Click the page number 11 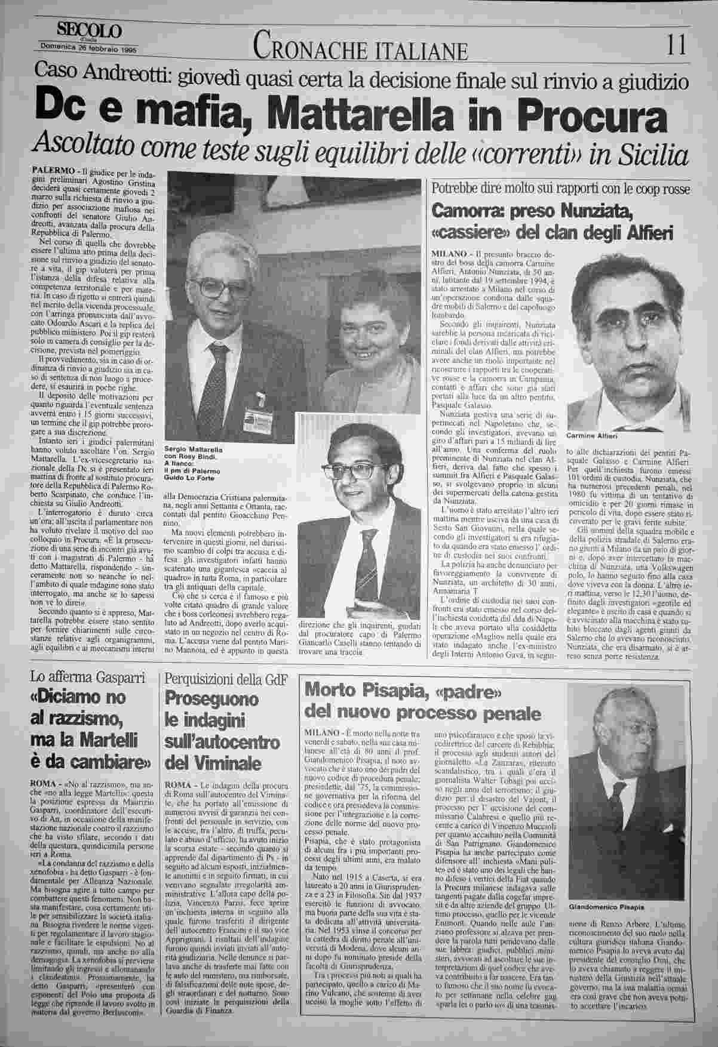677,45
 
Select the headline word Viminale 213,763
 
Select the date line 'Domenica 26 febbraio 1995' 88,50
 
